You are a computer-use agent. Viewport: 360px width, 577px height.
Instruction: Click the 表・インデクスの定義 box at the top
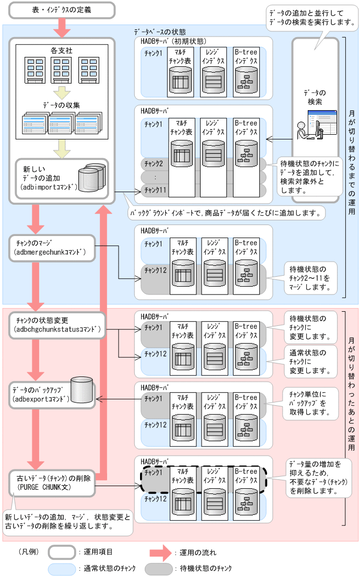point(61,9)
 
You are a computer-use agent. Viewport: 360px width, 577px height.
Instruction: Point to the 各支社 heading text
point(61,51)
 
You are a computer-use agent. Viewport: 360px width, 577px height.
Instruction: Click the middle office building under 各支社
point(61,69)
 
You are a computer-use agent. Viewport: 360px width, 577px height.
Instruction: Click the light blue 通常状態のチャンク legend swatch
point(62,568)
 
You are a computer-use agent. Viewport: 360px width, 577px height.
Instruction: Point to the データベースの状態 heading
point(160,31)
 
